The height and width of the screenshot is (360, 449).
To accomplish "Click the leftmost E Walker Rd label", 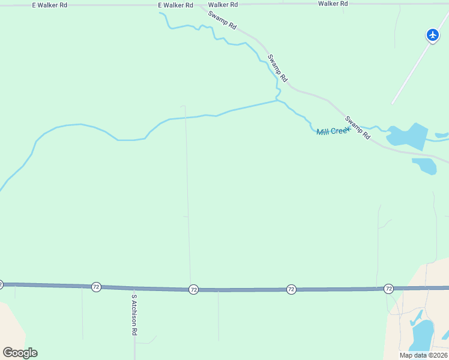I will [x=50, y=5].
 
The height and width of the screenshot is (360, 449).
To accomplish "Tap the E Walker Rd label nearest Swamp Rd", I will [x=175, y=5].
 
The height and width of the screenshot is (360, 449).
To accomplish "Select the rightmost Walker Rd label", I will [x=333, y=4].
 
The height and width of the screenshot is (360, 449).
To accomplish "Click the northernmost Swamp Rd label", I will [x=223, y=21].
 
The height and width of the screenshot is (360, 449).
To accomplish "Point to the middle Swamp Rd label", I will [x=278, y=68].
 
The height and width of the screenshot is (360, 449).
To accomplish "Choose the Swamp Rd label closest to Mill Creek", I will [x=357, y=124].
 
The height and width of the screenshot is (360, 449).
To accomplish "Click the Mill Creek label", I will [x=333, y=131].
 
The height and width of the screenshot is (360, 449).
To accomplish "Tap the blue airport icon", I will [x=433, y=35].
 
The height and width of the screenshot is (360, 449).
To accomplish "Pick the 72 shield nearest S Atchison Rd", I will [x=96, y=287].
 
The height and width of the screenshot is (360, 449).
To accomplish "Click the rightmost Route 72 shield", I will [x=388, y=289].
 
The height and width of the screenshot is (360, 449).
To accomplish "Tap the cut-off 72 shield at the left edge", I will [x=1, y=284].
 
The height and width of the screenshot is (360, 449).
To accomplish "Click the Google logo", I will [x=20, y=353].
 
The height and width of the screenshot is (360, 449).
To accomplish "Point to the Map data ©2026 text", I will [x=423, y=355].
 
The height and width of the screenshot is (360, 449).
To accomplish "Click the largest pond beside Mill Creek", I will [x=408, y=136].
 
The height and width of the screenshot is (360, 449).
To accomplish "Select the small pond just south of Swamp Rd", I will [x=425, y=165].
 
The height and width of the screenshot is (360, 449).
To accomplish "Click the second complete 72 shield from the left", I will [x=193, y=289].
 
